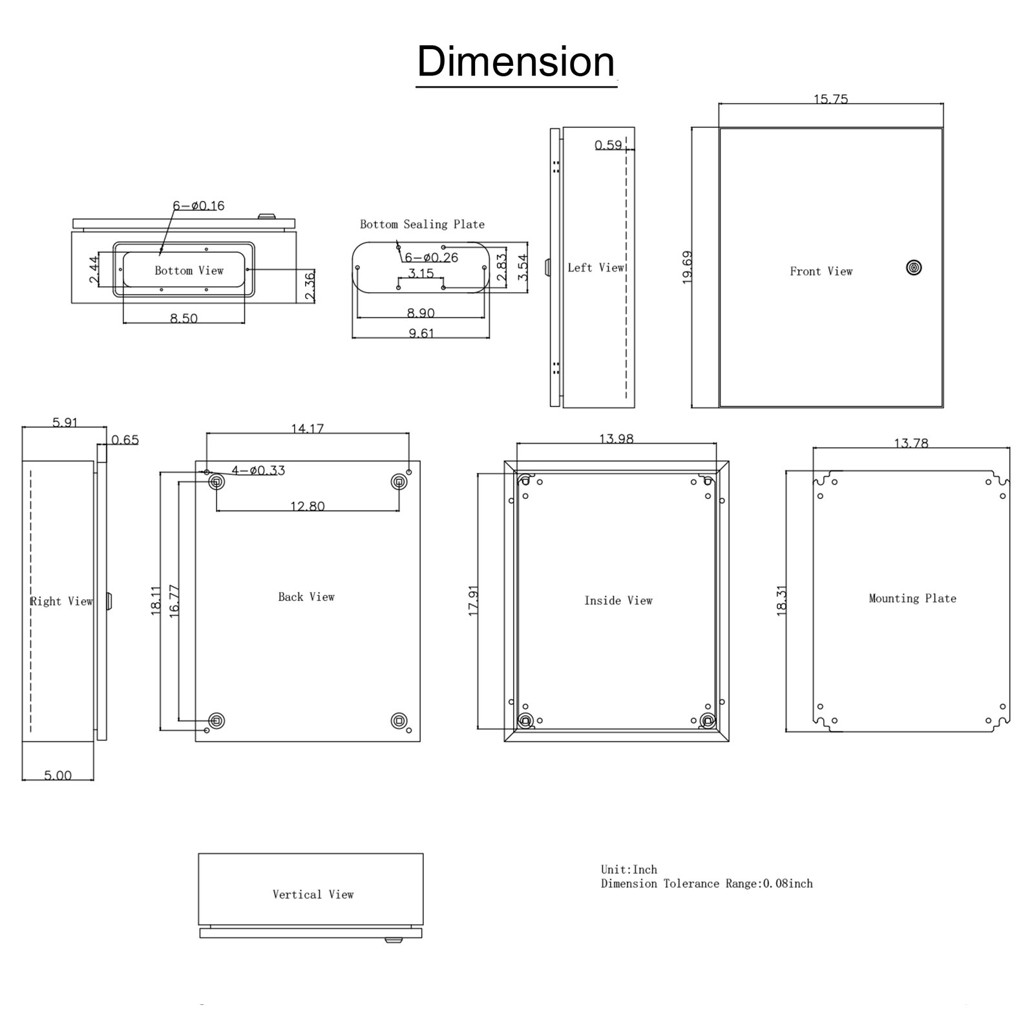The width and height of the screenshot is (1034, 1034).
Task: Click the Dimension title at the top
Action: pyautogui.click(x=516, y=62)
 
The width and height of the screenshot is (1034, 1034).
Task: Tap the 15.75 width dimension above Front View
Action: pyautogui.click(x=830, y=99)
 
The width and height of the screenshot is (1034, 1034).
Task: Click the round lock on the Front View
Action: pyautogui.click(x=914, y=268)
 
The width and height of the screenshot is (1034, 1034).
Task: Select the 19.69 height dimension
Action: pyautogui.click(x=687, y=267)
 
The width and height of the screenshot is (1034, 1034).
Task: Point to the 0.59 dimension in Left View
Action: pyautogui.click(x=608, y=145)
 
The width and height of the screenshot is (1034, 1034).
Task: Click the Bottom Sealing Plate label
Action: pyautogui.click(x=422, y=224)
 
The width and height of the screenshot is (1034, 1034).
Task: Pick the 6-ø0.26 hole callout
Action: pyautogui.click(x=432, y=257)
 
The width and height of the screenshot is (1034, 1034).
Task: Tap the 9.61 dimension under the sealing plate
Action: pyautogui.click(x=421, y=333)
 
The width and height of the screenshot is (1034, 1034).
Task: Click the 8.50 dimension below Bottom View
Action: pyautogui.click(x=184, y=318)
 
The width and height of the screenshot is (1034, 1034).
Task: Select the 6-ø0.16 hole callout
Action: pyautogui.click(x=198, y=206)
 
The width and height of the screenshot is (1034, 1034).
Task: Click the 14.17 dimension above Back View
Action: pyautogui.click(x=307, y=428)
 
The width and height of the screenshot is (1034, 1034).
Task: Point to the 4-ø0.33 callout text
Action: pyautogui.click(x=258, y=470)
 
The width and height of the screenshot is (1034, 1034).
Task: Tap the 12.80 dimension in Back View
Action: pyautogui.click(x=307, y=506)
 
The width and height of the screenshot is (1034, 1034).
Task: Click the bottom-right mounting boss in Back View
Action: pyautogui.click(x=399, y=721)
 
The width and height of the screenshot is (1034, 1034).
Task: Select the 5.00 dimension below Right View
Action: pyautogui.click(x=58, y=775)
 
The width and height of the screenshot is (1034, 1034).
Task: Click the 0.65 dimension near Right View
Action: pyautogui.click(x=125, y=439)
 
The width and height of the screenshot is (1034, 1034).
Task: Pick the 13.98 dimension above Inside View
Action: pyautogui.click(x=616, y=438)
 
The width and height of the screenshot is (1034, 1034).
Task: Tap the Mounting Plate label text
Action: pyautogui.click(x=912, y=598)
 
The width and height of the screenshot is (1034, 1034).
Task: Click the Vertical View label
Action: pyautogui.click(x=313, y=894)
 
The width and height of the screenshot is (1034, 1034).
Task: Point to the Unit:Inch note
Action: pyautogui.click(x=629, y=869)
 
